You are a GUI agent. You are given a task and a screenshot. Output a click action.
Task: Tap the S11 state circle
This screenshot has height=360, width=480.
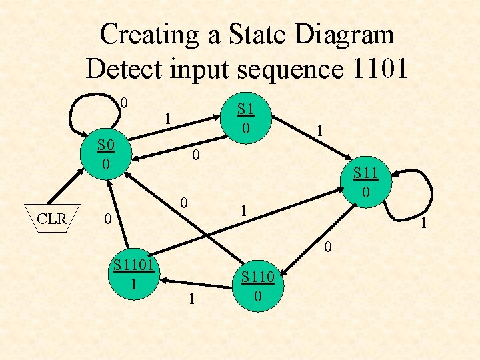coord(365,181)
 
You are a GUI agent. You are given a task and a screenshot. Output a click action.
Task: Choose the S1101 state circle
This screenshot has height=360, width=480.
coord(134,275)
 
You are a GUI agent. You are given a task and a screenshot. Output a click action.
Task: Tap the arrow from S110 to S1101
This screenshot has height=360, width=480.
coord(193,281)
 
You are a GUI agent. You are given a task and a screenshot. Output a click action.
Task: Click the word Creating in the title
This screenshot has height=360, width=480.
coord(151,35)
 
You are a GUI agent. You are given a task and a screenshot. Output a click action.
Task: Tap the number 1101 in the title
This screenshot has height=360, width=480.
coord(373,69)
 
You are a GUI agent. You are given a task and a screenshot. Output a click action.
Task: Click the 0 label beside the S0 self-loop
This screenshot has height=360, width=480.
coord(124,103)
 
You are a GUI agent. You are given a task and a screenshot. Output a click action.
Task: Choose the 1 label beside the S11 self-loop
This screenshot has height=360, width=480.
coord(422,225)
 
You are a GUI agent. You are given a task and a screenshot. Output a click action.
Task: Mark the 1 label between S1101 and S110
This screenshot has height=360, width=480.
coord(192,301)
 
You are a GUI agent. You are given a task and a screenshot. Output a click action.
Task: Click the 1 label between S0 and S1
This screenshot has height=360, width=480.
coord(169,119)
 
